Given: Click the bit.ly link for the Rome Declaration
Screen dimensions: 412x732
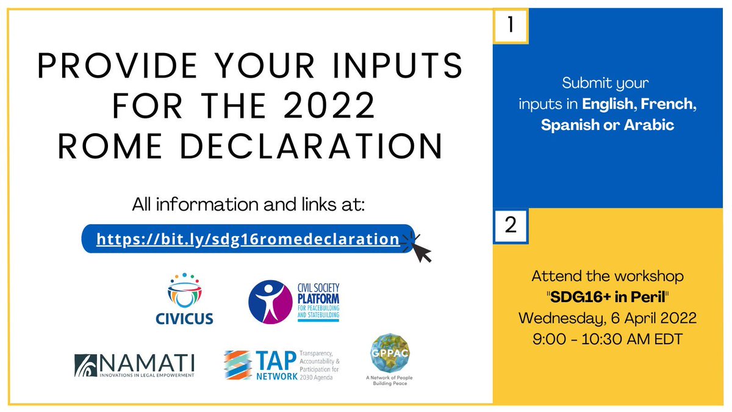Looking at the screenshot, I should (x=247, y=239).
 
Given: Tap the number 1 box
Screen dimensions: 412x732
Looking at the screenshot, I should (x=510, y=26).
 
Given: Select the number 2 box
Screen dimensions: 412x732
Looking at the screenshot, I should (x=511, y=225).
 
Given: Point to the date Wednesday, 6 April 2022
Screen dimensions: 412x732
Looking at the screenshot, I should (x=608, y=317).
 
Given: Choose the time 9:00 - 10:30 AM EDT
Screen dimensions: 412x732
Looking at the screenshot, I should (x=608, y=338).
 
